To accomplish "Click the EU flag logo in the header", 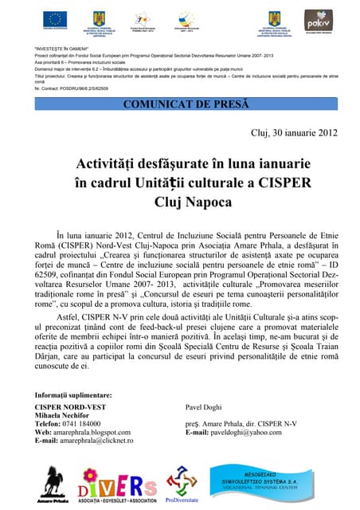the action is (x=55, y=19).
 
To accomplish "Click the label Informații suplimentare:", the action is (x=72, y=395).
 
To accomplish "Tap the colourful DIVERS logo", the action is (x=117, y=483).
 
